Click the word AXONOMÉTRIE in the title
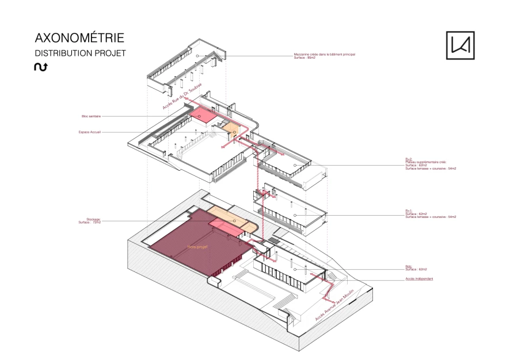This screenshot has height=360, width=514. [x=79, y=39]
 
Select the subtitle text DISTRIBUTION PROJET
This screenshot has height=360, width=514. [x=80, y=53]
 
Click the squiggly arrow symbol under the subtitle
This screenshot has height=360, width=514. [x=41, y=67]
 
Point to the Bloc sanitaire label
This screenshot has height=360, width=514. [x=91, y=116]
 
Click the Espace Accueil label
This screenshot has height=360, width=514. [x=90, y=132]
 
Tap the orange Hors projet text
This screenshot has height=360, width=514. [x=197, y=247]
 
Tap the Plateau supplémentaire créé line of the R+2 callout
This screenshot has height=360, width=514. [x=425, y=162]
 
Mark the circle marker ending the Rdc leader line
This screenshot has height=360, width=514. [x=295, y=269]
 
